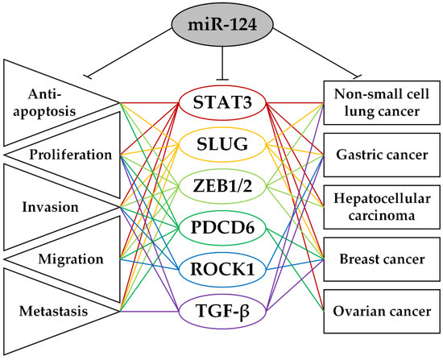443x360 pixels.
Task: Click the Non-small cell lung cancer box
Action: pos(379,102)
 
